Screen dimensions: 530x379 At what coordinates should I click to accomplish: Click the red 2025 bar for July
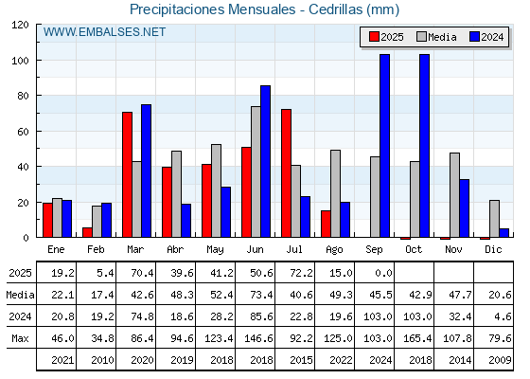coord(286,172)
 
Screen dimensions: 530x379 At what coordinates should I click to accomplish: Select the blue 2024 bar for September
coord(384,146)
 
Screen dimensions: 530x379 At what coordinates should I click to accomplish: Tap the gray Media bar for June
coord(256,171)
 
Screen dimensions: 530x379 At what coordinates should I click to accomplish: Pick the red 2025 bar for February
coord(87,232)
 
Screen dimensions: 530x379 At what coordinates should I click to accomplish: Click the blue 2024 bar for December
coord(503,233)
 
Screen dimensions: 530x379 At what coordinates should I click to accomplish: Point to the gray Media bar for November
coord(454,195)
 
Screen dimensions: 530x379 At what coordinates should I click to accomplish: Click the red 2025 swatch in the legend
coord(374,37)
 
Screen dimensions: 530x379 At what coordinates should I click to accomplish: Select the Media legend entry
coord(436,37)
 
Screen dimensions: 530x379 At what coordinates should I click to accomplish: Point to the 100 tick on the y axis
coord(38,61)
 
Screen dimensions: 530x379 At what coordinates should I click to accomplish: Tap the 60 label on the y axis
coord(23,132)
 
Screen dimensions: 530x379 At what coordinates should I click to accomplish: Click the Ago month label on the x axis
coord(334,250)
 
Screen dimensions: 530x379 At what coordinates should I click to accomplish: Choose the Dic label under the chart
coord(493,249)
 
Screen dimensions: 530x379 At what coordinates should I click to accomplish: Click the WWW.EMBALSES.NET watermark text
coord(104,32)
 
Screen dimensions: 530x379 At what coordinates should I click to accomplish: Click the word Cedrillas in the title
coord(335,9)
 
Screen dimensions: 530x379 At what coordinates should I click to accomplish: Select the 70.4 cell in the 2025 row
coord(142,273)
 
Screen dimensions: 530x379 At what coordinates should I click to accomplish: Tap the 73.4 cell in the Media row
coord(261,295)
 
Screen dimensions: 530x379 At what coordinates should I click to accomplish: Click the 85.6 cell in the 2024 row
coord(261,316)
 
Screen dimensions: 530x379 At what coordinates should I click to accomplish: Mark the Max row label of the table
coord(20,338)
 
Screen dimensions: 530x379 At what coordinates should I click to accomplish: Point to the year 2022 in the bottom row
coord(341,360)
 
